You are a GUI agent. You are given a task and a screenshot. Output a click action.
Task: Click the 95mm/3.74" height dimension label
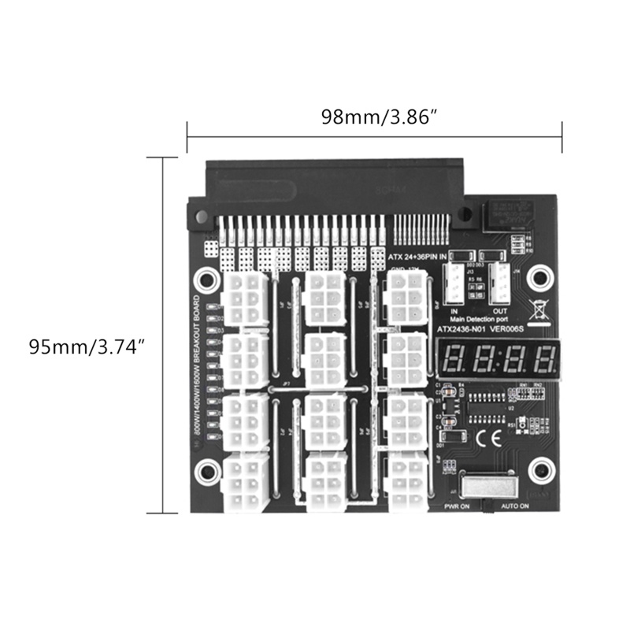click(x=87, y=346)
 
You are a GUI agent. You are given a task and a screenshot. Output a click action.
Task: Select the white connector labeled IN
click(x=454, y=284)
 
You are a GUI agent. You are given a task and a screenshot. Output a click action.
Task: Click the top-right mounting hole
click(x=540, y=275)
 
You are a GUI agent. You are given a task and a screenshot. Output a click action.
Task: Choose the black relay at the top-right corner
click(x=507, y=213)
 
